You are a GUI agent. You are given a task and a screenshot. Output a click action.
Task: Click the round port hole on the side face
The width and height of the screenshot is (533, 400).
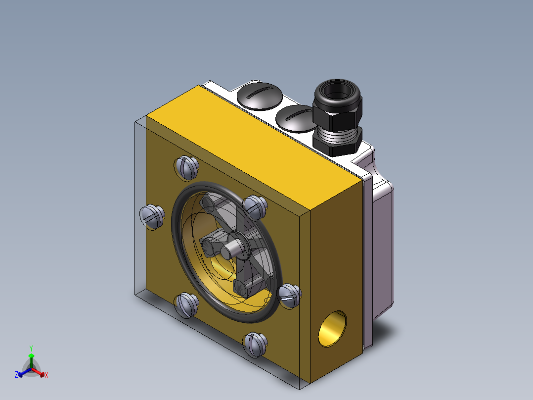click(332, 329)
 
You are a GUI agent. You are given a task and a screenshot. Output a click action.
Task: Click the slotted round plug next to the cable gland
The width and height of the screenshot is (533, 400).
click(296, 119)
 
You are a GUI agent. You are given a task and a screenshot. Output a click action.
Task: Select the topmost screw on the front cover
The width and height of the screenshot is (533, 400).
click(187, 167)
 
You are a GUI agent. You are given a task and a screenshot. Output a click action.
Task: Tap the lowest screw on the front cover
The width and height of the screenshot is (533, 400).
click(255, 345)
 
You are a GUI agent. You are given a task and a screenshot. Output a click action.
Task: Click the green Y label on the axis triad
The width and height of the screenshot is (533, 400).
click(31, 348)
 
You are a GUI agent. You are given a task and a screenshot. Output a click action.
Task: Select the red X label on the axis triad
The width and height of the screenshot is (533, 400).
click(46, 375)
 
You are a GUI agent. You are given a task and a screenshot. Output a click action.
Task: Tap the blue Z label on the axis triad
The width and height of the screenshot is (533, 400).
click(16, 375)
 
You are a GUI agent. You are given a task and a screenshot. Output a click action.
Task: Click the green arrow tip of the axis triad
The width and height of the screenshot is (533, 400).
click(31, 356)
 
